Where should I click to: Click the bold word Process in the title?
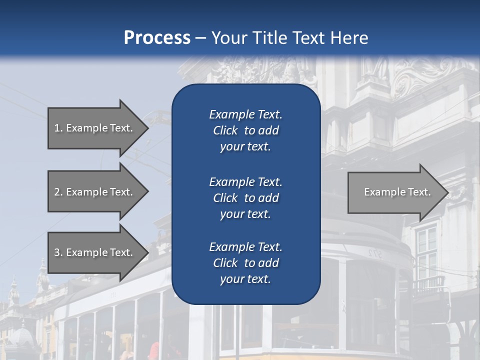point(157,38)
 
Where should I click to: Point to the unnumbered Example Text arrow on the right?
point(397,192)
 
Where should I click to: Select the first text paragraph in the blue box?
point(245,130)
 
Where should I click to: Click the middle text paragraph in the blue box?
point(245,197)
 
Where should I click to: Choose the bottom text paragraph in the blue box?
point(245,263)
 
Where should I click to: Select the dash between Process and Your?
point(201,38)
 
